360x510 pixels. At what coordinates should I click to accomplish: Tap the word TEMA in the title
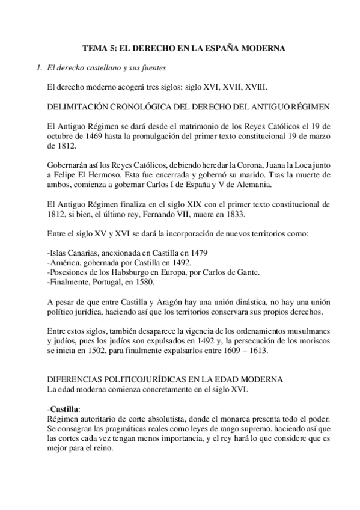[x=94, y=47]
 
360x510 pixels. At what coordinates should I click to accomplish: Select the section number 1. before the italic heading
[x=40, y=67]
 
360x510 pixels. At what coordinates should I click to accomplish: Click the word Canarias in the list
[x=83, y=252]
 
